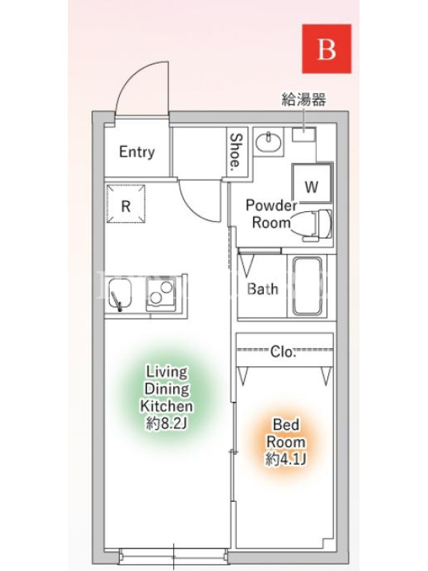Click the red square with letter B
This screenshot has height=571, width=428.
click(x=327, y=49)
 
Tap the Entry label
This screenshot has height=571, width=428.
click(x=137, y=152)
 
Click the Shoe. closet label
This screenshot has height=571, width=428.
click(x=236, y=150)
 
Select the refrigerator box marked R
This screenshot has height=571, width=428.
click(x=126, y=204)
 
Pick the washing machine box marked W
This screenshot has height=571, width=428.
click(x=312, y=183)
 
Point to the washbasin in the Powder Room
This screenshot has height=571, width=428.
click(x=268, y=141)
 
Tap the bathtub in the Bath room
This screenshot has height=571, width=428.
click(x=307, y=286)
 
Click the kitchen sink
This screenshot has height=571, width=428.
click(x=120, y=295)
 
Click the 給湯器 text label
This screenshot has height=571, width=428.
click(x=304, y=99)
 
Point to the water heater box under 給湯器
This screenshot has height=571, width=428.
click(x=304, y=134)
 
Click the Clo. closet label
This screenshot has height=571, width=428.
click(x=282, y=351)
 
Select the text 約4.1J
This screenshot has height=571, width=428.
click(x=286, y=459)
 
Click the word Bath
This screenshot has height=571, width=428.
click(x=263, y=289)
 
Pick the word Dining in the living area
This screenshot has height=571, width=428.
click(x=167, y=388)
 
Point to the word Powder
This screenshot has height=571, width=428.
click(x=272, y=206)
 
